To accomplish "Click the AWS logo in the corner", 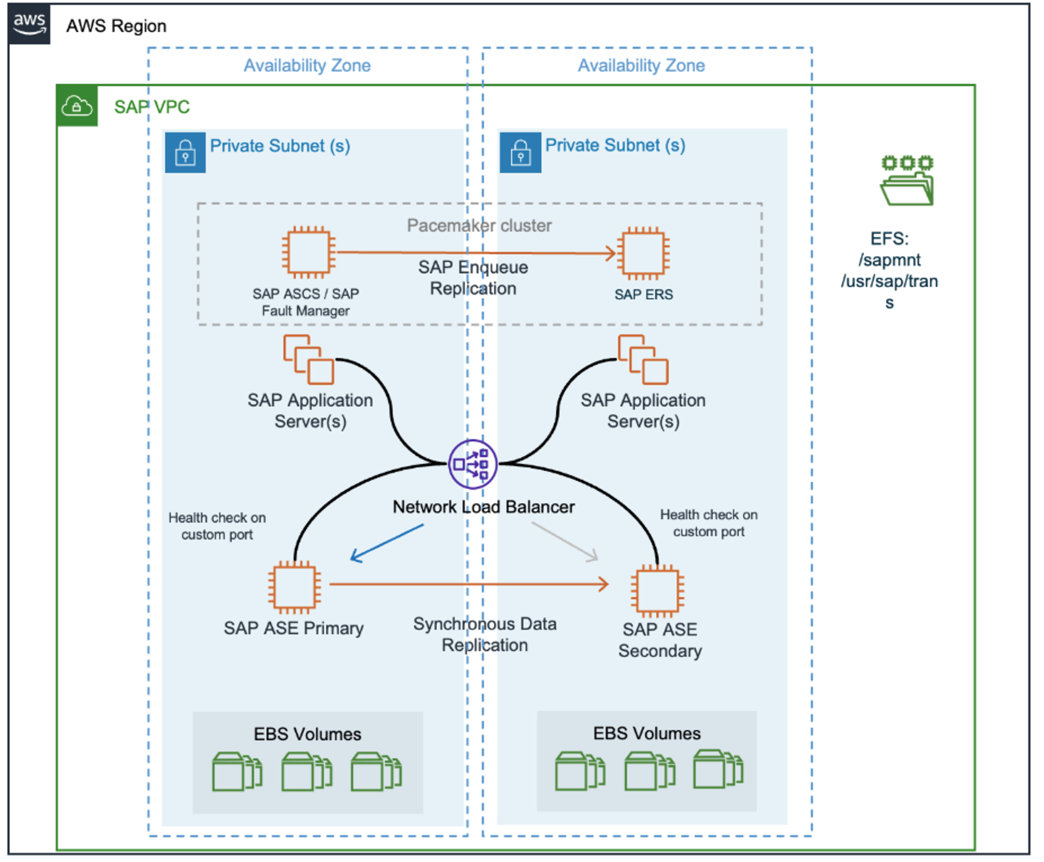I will click(29, 25).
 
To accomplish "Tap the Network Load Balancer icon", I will click(472, 464).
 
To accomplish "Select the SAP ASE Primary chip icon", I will click(294, 587).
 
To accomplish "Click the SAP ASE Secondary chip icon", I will click(657, 590).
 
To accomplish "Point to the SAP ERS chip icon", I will click(643, 253).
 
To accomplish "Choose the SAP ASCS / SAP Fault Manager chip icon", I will click(308, 252).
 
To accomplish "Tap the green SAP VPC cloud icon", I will click(77, 106).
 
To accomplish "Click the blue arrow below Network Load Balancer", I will click(386, 543).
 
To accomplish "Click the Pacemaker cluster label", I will click(479, 225).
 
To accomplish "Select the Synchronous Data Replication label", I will click(485, 634).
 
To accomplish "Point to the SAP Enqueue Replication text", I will click(473, 278).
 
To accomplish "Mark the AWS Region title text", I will click(116, 26).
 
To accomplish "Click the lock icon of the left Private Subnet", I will click(185, 152).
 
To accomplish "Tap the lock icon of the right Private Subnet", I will click(520, 152).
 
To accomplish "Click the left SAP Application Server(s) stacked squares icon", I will click(308, 360).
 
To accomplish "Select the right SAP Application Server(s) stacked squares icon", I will click(643, 360).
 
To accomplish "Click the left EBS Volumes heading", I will click(307, 734).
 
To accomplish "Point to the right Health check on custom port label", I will click(708, 523).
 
